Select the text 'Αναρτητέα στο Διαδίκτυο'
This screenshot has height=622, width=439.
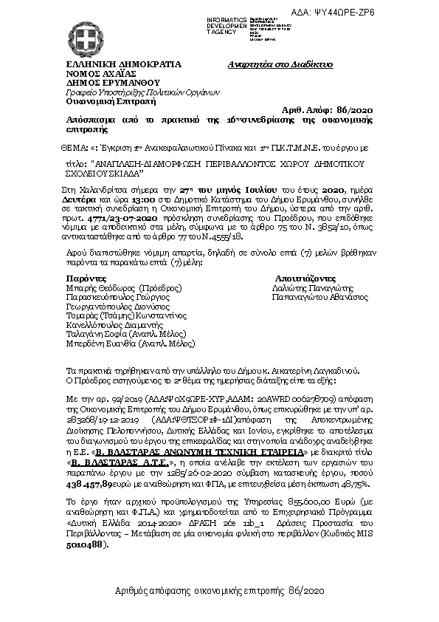pos(282,64)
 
